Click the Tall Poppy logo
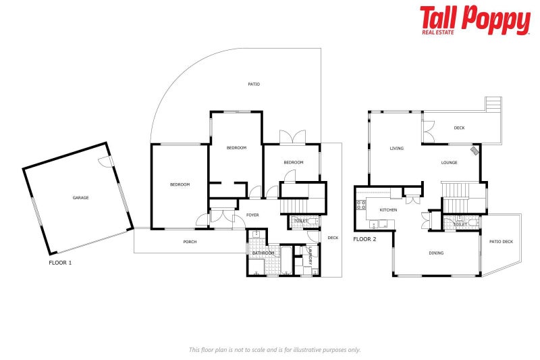pos(475,20)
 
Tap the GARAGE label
pos(81,198)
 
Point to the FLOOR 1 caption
pos(60,262)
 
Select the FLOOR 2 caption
pos(365,239)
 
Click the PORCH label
pos(190,242)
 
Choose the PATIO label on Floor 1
pos(254,84)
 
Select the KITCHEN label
pos(388,210)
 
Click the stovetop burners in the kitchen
pos(361,205)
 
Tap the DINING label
pos(437,253)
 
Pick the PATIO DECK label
pos(501,241)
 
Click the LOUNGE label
pos(450,162)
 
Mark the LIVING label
pos(396,149)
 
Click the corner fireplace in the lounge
pos(476,151)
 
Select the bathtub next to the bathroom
pos(287,260)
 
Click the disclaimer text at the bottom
pos(275,349)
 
